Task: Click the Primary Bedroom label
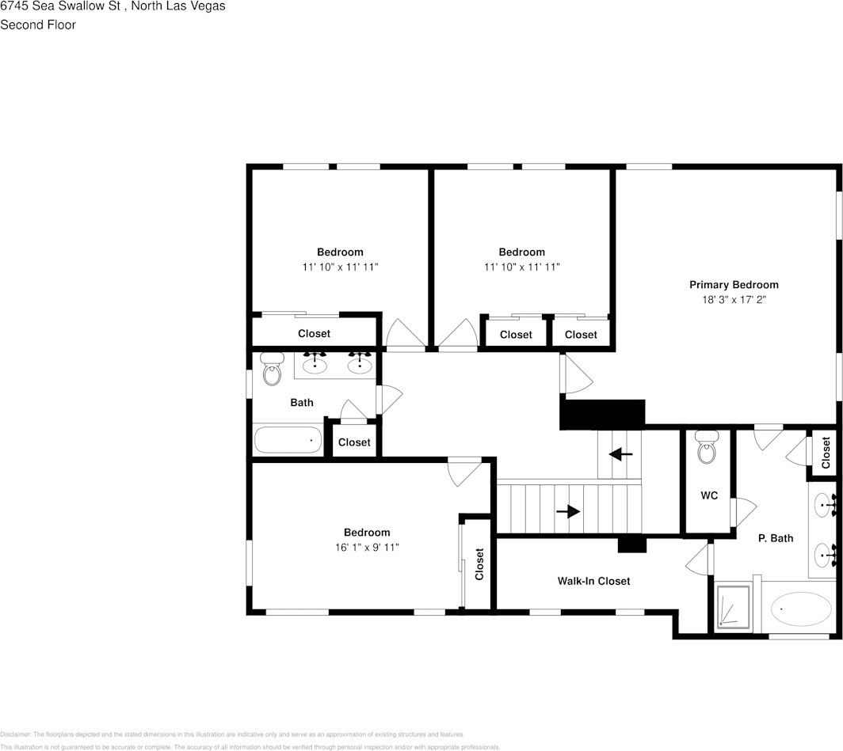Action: coord(734,285)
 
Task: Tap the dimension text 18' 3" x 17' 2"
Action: coord(734,300)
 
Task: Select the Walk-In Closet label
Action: coord(593,581)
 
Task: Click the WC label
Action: coord(709,495)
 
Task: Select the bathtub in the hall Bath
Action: coord(288,440)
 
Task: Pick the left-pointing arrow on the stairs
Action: coord(620,454)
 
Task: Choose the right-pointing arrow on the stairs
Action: coord(568,511)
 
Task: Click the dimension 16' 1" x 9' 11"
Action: coord(367,547)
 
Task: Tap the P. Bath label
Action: coord(776,538)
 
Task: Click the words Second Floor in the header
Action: coord(38,25)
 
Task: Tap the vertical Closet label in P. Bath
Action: coord(826,453)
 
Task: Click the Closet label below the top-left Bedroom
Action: coord(314,333)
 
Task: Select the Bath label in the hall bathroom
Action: coord(301,402)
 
